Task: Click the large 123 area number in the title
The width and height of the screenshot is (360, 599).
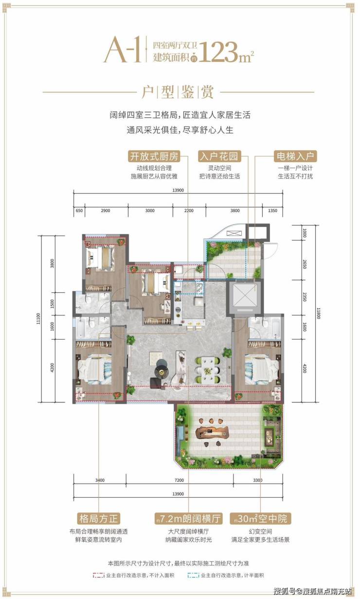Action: click(x=218, y=52)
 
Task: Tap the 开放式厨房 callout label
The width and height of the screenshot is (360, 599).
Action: click(x=154, y=156)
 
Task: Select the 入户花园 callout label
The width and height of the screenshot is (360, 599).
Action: click(x=219, y=156)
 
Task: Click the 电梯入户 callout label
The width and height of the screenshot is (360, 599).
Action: click(x=295, y=156)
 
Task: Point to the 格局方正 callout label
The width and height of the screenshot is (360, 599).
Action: click(x=98, y=519)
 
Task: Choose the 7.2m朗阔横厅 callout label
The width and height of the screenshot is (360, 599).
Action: click(x=188, y=519)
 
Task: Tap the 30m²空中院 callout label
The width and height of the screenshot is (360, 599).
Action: click(x=260, y=519)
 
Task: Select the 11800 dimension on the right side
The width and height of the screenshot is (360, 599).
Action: click(x=318, y=313)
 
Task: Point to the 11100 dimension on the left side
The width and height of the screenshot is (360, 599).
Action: click(x=38, y=319)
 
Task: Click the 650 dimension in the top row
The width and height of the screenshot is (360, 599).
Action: click(x=79, y=211)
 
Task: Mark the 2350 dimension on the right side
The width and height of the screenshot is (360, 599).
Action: click(x=305, y=297)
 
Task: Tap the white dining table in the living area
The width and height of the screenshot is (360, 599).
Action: click(x=208, y=370)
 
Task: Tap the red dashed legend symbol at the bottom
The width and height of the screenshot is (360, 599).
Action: click(x=98, y=575)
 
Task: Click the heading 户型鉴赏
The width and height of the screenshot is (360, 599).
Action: click(x=178, y=92)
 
